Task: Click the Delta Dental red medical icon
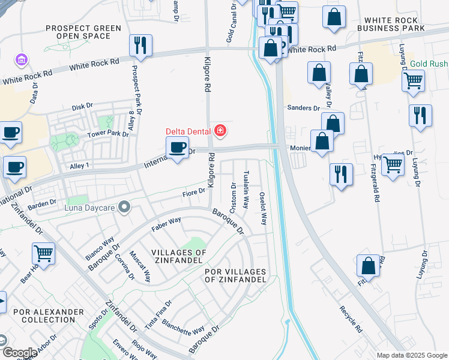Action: tap(220, 131)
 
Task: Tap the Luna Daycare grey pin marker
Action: tap(124, 207)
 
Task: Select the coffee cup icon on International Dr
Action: tap(177, 148)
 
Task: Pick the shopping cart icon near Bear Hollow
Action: tap(43, 254)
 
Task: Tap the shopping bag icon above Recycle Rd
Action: tap(368, 266)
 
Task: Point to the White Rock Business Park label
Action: tap(391, 24)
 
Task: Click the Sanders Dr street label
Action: tap(303, 108)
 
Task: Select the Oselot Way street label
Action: tap(262, 208)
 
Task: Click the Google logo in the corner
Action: tap(19, 353)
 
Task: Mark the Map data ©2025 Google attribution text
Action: tap(412, 355)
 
